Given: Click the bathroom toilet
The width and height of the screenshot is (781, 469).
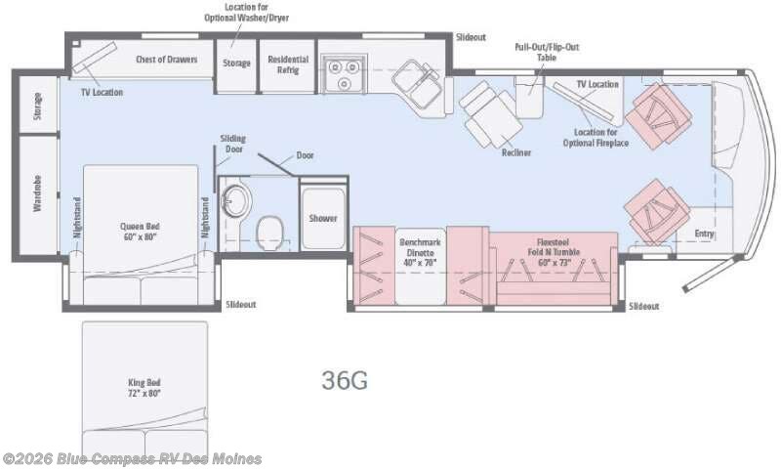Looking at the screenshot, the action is pyautogui.click(x=270, y=232).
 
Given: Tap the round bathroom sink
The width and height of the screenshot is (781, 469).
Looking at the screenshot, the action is pyautogui.click(x=236, y=201).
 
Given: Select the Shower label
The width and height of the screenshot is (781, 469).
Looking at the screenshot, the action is pyautogui.click(x=323, y=218).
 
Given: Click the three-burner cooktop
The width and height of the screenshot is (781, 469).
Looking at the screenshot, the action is pyautogui.click(x=344, y=73).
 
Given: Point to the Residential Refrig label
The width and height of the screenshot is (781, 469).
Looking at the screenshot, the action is pyautogui.click(x=288, y=64).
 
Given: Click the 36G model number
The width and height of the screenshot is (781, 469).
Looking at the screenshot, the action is pyautogui.click(x=345, y=380).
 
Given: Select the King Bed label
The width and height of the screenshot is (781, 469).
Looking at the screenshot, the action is pyautogui.click(x=144, y=388).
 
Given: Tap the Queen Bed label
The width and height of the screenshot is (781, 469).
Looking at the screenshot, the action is pyautogui.click(x=140, y=232).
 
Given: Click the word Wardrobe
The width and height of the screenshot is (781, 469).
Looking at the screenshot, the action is pyautogui.click(x=37, y=193).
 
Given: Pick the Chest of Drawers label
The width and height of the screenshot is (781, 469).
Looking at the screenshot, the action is pyautogui.click(x=166, y=60).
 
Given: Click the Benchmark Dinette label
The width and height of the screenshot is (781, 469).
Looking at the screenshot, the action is pyautogui.click(x=420, y=252).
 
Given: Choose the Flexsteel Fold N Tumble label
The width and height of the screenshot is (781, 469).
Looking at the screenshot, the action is pyautogui.click(x=554, y=252).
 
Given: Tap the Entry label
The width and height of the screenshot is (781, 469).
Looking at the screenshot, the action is pyautogui.click(x=704, y=234).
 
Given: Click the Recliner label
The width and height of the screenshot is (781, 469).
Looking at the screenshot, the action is pyautogui.click(x=516, y=152).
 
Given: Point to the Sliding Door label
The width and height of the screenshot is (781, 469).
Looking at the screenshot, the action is pyautogui.click(x=233, y=144).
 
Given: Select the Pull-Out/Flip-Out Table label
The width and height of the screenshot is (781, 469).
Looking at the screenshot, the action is pyautogui.click(x=547, y=52).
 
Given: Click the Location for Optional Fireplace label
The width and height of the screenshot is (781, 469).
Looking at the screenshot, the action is pyautogui.click(x=596, y=138).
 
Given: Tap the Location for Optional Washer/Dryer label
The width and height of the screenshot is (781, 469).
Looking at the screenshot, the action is pyautogui.click(x=247, y=13).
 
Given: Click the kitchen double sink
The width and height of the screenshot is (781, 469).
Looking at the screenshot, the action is pyautogui.click(x=417, y=82).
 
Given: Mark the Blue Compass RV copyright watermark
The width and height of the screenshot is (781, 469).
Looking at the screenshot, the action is pyautogui.click(x=132, y=458).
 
